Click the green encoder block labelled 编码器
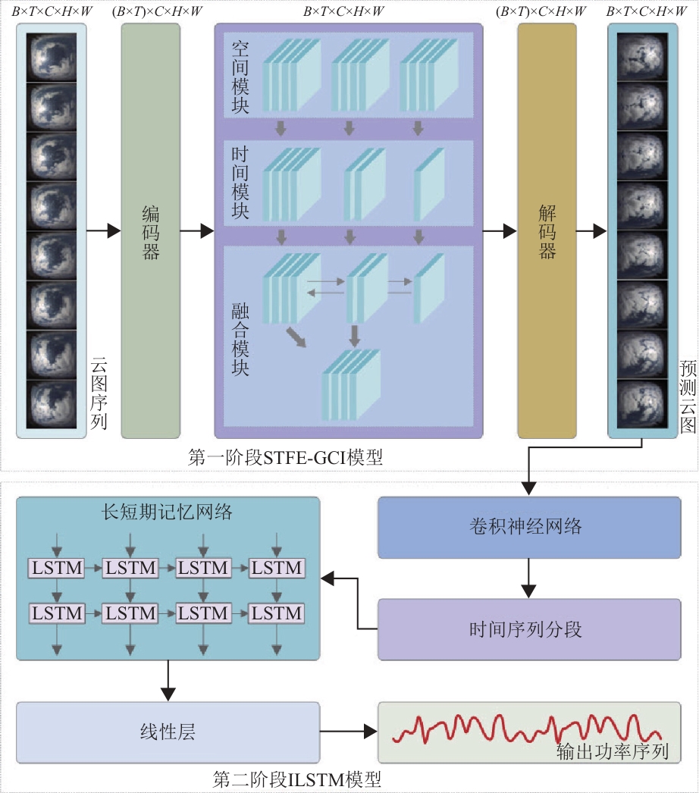(x=151, y=230)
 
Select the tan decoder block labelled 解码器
(x=547, y=230)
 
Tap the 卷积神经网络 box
(x=529, y=528)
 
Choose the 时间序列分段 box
(x=529, y=630)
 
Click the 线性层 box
(x=168, y=732)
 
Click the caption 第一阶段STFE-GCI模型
(x=285, y=457)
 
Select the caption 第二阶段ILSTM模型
(x=297, y=779)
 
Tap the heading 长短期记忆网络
(x=167, y=512)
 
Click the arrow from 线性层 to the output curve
(x=349, y=732)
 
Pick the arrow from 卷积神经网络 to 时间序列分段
(x=528, y=578)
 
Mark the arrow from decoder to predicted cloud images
(x=592, y=231)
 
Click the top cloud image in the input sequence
(x=51, y=57)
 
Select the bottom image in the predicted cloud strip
(x=642, y=405)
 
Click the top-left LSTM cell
(x=57, y=568)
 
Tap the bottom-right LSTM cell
(x=276, y=613)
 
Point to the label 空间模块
(x=240, y=77)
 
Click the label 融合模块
(x=240, y=339)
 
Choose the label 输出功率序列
(x=613, y=751)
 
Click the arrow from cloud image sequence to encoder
(x=104, y=231)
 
